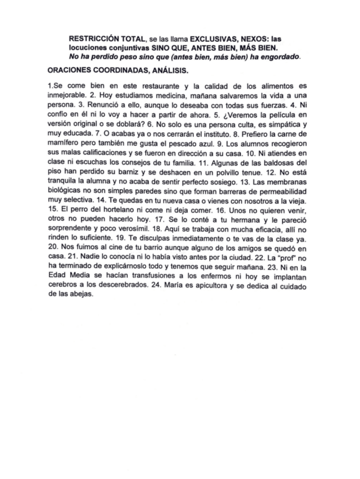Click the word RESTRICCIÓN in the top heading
93,39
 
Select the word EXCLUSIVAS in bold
211,39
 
